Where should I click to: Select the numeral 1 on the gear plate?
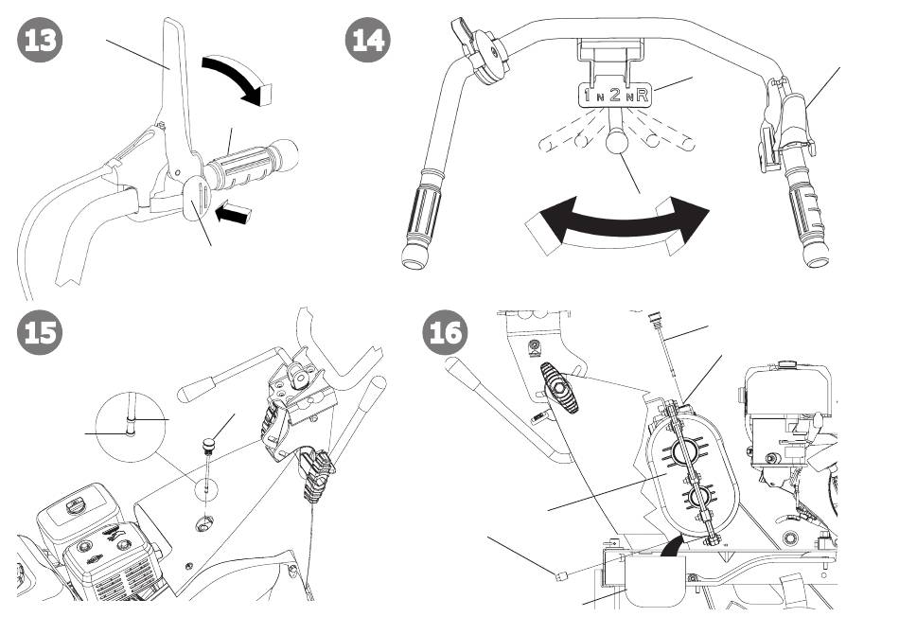pyautogui.click(x=588, y=95)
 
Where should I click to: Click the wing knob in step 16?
pyautogui.click(x=559, y=388)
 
